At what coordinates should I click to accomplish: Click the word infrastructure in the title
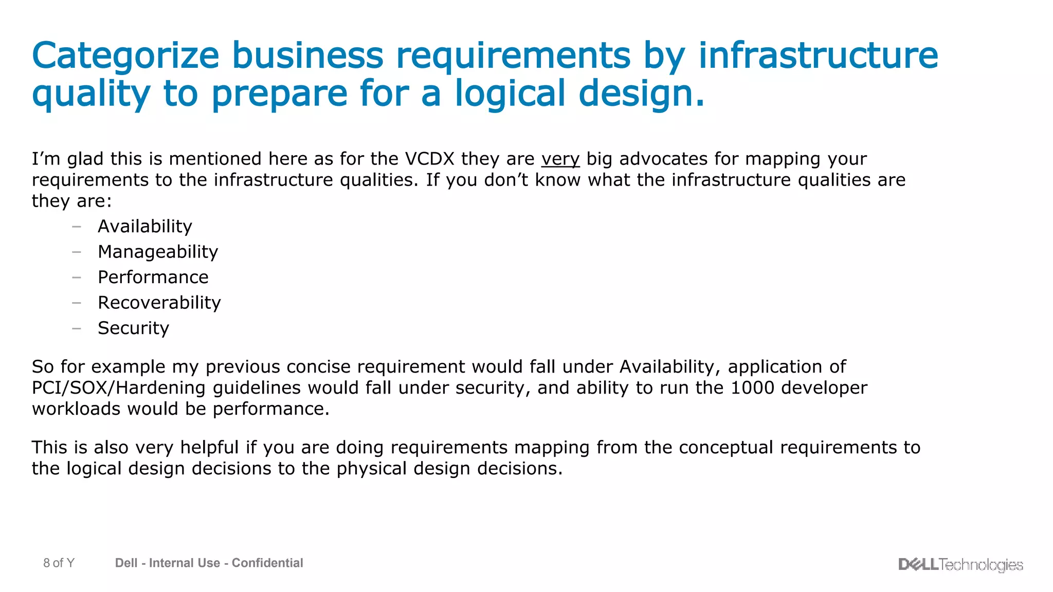[818, 55]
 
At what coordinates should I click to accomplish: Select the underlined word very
[560, 159]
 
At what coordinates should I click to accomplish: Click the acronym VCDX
[430, 159]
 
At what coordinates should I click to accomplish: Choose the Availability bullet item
[145, 227]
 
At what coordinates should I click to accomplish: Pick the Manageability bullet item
[158, 252]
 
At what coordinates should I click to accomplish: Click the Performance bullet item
[153, 277]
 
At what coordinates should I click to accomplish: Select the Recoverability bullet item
[159, 303]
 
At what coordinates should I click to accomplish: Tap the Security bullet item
[133, 328]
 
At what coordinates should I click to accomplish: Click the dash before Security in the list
[77, 328]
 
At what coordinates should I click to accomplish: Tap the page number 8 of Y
[59, 563]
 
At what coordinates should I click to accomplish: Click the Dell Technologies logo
[960, 565]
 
